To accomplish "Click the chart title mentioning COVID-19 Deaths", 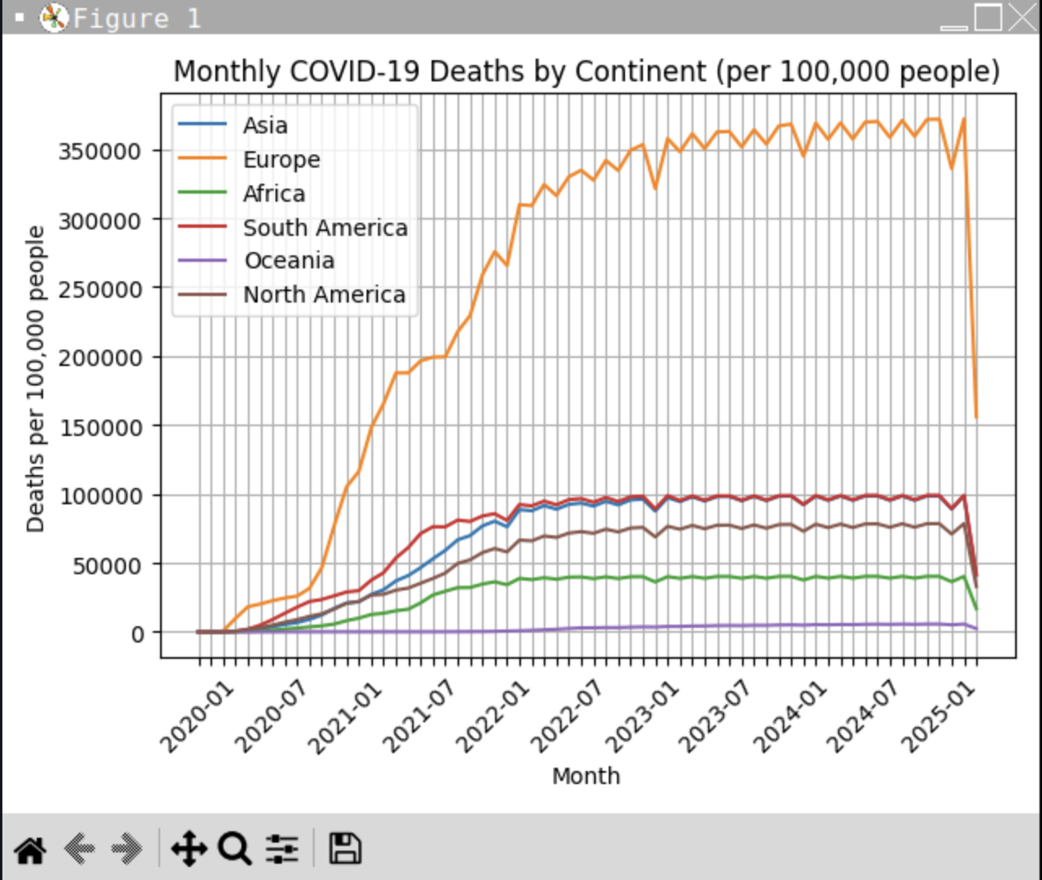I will coord(586,72).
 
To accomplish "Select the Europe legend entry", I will coord(281,159).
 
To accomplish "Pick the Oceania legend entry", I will coord(289,260).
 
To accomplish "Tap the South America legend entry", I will coord(324,228).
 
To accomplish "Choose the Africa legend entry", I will coord(274,194).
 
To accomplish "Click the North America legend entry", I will coord(323,294).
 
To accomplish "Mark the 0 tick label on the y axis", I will coord(138,634).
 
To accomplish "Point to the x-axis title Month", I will coord(586,776).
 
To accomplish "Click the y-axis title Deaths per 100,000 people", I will coord(36,379).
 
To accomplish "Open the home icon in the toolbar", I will coord(31,849).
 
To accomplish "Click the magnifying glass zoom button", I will coord(234,849).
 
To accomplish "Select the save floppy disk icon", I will coord(345,848).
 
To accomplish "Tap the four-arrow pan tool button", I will coord(189,849).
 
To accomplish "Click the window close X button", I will coord(1022,17).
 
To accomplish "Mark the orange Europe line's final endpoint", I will coord(976,417).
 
